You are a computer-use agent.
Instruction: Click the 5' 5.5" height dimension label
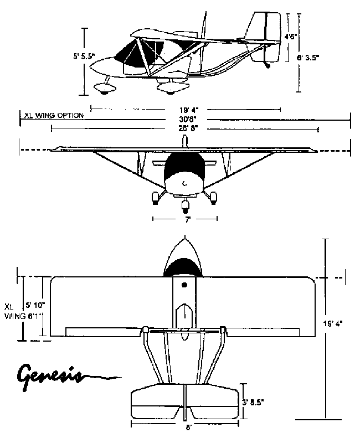(84, 56)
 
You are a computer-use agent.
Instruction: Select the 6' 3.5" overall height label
(308, 56)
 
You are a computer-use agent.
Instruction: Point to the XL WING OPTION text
(54, 116)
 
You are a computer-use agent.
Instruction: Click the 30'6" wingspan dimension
(185, 118)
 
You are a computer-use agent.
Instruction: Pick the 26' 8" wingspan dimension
(185, 128)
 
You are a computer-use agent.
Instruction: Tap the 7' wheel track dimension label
(188, 220)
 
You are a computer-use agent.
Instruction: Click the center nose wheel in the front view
(185, 207)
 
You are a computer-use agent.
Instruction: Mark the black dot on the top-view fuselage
(184, 285)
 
